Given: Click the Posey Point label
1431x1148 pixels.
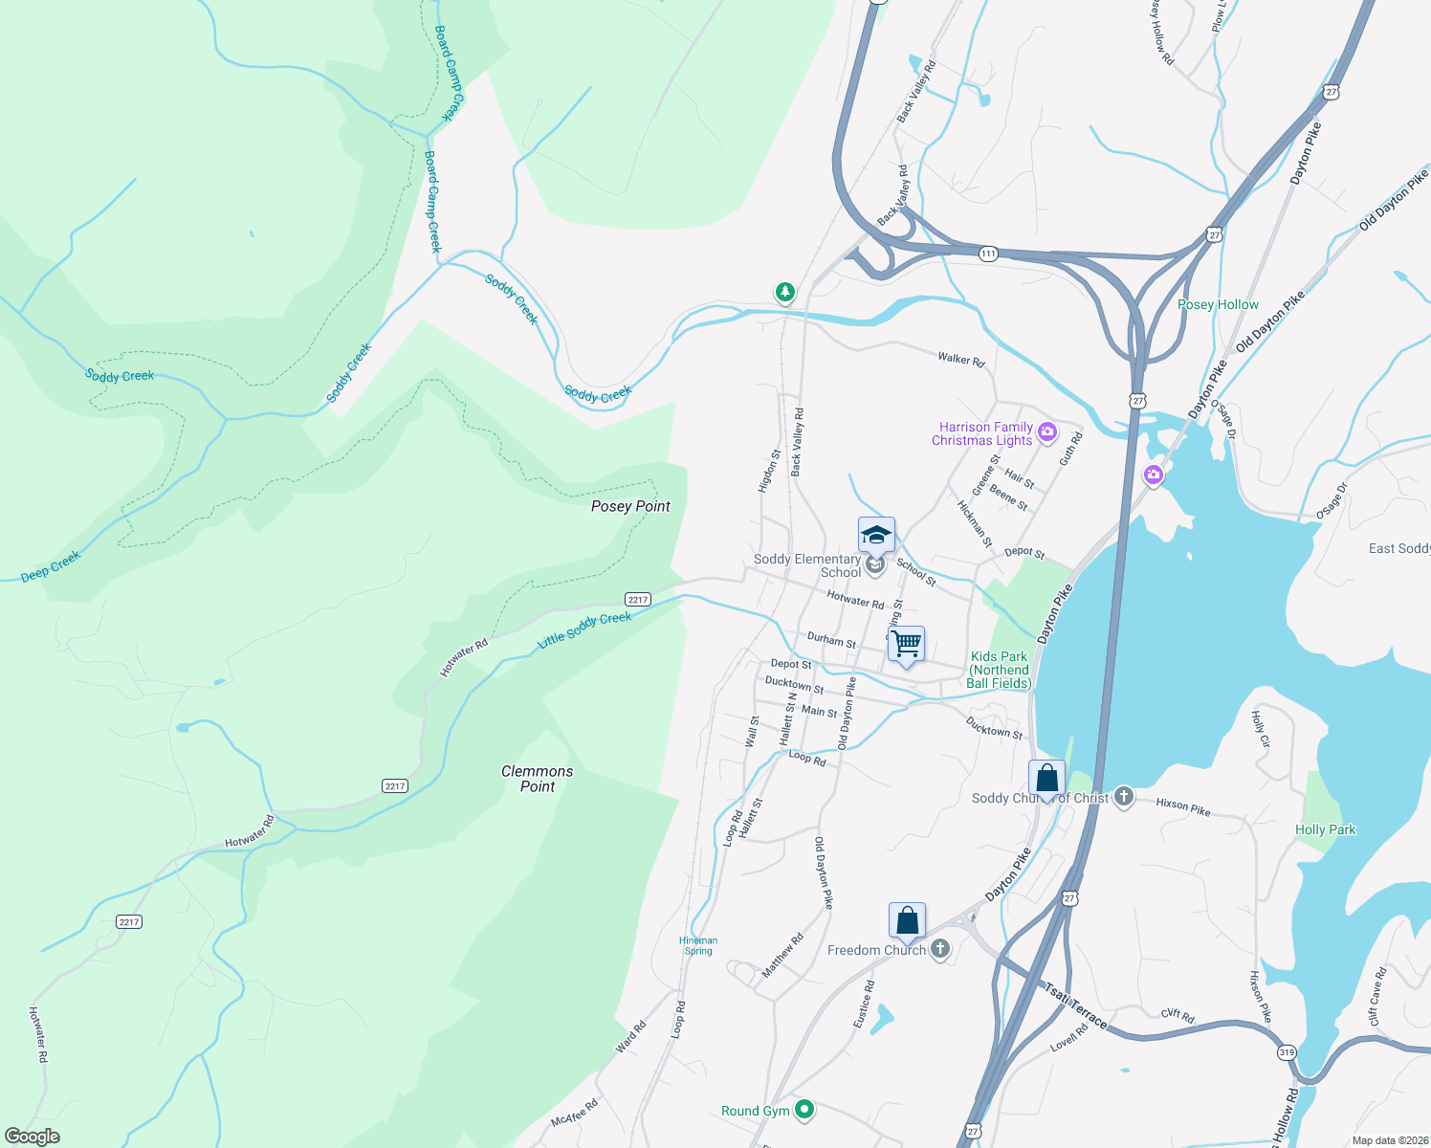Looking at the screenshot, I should click(x=630, y=506).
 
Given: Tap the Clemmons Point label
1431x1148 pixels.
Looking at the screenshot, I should click(x=538, y=779).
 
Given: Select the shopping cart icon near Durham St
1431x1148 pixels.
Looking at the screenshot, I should click(x=906, y=644).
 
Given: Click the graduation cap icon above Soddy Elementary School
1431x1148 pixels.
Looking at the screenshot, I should click(x=876, y=536).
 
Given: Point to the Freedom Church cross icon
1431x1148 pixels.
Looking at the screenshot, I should click(x=940, y=949).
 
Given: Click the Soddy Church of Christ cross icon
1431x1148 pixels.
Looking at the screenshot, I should click(x=1124, y=797).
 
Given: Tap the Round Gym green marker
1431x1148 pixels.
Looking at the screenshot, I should click(x=805, y=1110).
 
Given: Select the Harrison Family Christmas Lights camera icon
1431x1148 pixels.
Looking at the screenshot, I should click(x=1047, y=431).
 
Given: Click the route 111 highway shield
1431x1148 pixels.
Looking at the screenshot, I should click(x=988, y=254).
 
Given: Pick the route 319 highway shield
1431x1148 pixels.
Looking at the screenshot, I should click(x=1287, y=1052).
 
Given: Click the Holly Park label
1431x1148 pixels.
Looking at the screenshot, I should click(x=1325, y=829).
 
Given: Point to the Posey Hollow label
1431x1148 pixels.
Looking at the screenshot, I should click(x=1218, y=304).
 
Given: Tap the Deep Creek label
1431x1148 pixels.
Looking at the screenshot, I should click(x=51, y=567).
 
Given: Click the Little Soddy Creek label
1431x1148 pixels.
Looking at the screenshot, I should click(x=584, y=630).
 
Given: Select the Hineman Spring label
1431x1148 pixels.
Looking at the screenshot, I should click(x=698, y=945).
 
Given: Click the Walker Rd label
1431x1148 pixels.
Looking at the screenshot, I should click(x=960, y=359).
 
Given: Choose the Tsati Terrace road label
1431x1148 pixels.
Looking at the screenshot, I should click(x=1075, y=1007).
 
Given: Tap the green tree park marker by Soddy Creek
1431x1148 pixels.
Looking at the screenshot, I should click(x=785, y=291).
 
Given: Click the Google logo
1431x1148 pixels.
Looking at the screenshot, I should click(x=33, y=1137).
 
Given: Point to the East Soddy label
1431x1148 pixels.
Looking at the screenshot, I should click(x=1398, y=548).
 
